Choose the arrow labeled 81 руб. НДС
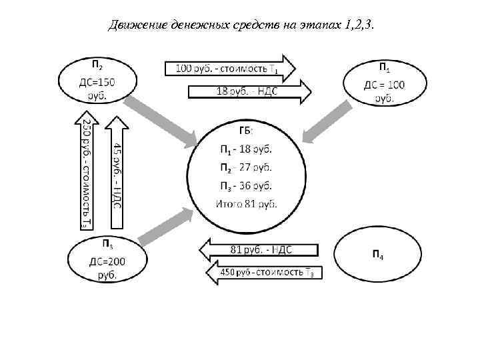[x=261, y=250]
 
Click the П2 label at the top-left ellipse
[x=97, y=64]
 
